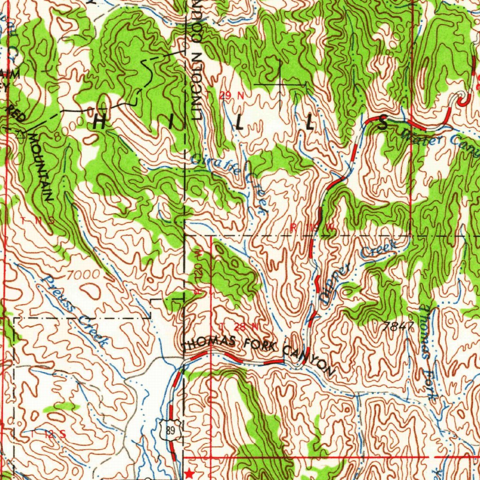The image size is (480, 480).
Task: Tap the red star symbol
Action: pos(189,473)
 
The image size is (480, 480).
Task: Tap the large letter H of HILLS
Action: pos(100,122)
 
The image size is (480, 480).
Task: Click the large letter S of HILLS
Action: pos(383,124)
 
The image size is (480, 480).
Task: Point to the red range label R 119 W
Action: pos(312,227)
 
